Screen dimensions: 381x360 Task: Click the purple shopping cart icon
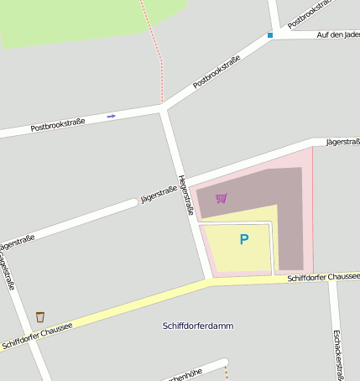tap(221, 198)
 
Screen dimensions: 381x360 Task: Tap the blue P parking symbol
tap(244, 240)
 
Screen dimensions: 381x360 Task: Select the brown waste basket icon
tap(39, 316)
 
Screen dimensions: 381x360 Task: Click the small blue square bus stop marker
tap(270, 35)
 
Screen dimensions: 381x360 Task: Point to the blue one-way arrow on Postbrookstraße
tap(112, 116)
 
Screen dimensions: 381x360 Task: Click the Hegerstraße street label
tap(185, 195)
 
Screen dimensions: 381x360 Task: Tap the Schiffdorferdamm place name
tap(198, 325)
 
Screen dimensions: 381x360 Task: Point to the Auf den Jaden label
tap(339, 34)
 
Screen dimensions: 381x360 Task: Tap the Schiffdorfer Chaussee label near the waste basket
tap(37, 333)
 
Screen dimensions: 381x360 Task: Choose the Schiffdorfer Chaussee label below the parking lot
tap(323, 277)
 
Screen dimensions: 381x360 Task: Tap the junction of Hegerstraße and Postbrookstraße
tap(163, 107)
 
